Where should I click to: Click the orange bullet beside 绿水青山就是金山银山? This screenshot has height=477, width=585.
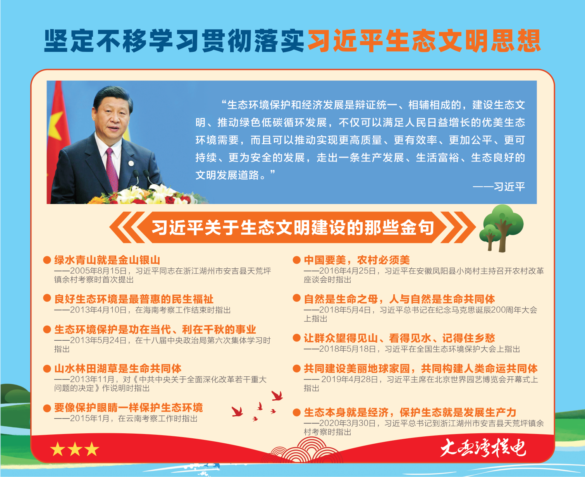point(47,260)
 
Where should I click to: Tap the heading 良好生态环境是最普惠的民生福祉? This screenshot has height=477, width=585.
point(134,299)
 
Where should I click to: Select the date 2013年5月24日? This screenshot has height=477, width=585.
point(98,340)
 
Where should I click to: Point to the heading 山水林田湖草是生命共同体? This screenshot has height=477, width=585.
point(118,369)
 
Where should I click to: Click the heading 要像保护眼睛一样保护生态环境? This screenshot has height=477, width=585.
point(128,408)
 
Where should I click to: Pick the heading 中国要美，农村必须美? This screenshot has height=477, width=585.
point(357,260)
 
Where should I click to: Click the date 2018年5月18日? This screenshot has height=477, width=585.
point(348,349)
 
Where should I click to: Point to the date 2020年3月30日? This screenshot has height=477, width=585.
point(348,423)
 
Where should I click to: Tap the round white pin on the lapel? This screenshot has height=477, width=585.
point(131,163)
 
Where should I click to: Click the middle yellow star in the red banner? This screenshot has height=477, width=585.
point(75,449)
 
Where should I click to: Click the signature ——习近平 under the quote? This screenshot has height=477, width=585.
point(499,187)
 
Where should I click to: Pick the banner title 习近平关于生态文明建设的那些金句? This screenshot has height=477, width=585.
point(292,228)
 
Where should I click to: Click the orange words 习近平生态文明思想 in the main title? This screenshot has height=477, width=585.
point(424,41)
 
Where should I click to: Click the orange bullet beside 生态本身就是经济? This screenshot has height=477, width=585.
point(296,412)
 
